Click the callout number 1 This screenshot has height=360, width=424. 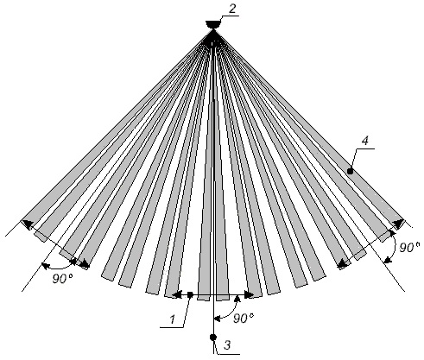point(173,319)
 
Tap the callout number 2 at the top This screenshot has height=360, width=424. point(232,9)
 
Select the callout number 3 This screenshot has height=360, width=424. point(227,344)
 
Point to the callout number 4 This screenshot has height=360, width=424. point(365,141)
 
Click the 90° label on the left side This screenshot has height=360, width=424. point(63,279)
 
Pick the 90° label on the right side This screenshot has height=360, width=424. point(409,248)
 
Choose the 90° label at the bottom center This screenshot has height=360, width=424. point(244,318)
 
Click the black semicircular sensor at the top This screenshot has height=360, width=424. point(213,24)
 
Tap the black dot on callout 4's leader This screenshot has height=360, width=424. point(350,171)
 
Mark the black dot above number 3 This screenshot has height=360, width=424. point(213,338)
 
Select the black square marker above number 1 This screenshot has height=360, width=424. point(190,294)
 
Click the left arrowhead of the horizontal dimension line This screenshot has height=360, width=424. point(176,294)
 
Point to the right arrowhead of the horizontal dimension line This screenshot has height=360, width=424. point(250,294)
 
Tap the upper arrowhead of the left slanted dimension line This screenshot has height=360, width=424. point(27,224)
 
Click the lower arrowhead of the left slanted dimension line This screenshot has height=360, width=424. point(85,263)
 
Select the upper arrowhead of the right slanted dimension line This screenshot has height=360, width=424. point(399,224)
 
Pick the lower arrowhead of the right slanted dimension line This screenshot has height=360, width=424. point(342,263)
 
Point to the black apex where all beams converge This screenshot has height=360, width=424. point(213,37)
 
